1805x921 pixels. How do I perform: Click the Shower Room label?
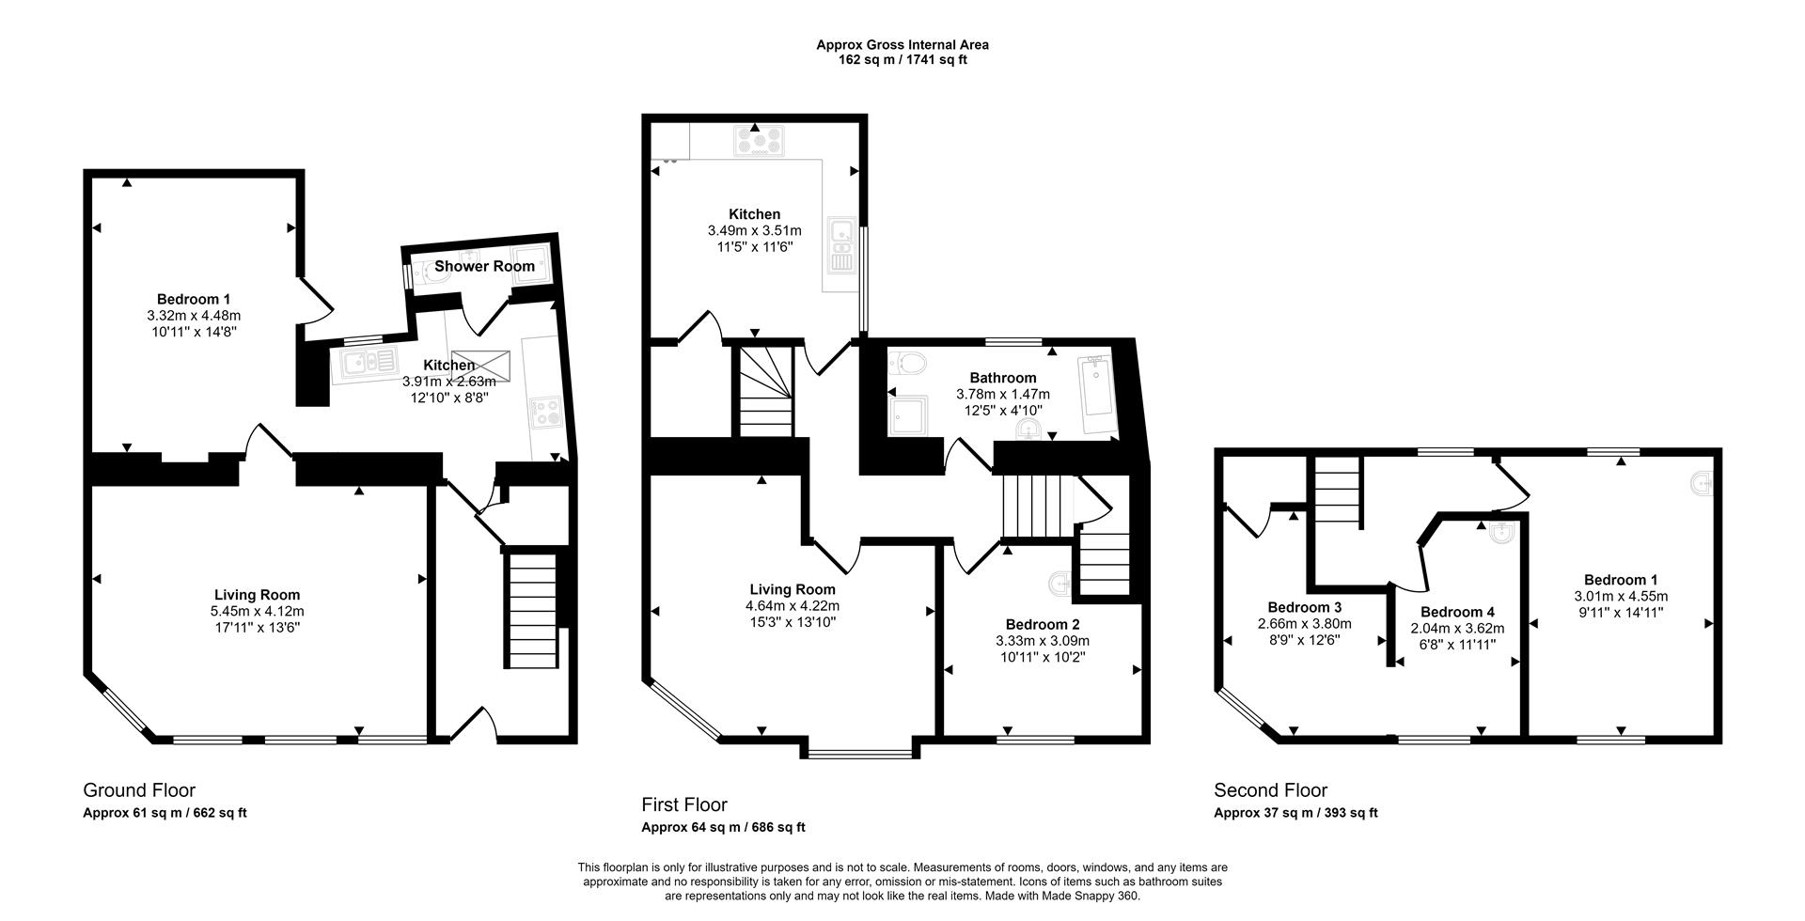point(484,267)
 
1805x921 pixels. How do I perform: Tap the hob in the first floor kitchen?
point(759,141)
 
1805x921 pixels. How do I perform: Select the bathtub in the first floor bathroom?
point(1096,394)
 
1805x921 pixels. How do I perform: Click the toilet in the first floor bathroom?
point(908,363)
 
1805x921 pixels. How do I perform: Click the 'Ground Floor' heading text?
point(139,790)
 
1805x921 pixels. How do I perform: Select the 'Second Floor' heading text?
point(1270,790)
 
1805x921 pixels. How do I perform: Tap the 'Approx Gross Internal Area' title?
point(902,44)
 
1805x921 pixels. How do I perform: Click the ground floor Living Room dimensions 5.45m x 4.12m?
point(257,611)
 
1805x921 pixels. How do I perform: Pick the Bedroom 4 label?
point(1456,613)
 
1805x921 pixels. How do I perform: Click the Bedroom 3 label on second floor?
point(1304,607)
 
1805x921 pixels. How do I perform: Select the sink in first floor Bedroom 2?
point(1060,584)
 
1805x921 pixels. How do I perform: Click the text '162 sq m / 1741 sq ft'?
point(902,60)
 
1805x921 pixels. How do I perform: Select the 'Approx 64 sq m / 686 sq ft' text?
point(723,828)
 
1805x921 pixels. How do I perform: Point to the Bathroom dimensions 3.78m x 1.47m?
point(1002,395)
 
